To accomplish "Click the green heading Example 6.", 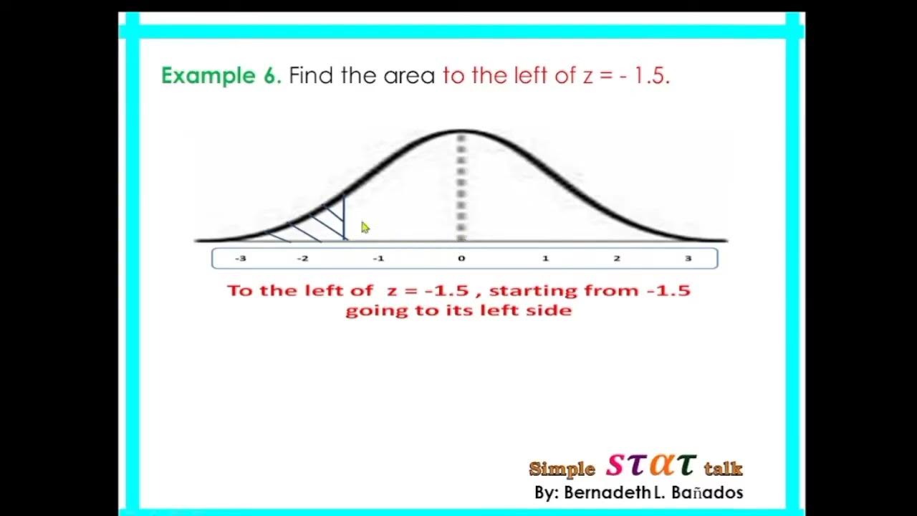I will pyautogui.click(x=221, y=76).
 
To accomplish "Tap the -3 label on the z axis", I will pyautogui.click(x=241, y=259).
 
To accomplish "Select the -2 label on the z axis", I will pyautogui.click(x=302, y=259).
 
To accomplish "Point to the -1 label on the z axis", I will pyautogui.click(x=378, y=259).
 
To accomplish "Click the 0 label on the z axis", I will pyautogui.click(x=461, y=259).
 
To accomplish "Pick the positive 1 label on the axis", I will pyautogui.click(x=545, y=259).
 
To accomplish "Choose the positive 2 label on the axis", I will pyautogui.click(x=617, y=259).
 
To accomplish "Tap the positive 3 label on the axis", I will pyautogui.click(x=688, y=259).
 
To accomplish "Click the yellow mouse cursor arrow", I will pyautogui.click(x=365, y=227).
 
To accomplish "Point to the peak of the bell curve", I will pyautogui.click(x=461, y=132).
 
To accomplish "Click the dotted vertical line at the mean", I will pyautogui.click(x=461, y=186).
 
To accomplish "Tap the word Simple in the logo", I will pyautogui.click(x=562, y=469).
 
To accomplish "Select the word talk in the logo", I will pyautogui.click(x=723, y=469).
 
